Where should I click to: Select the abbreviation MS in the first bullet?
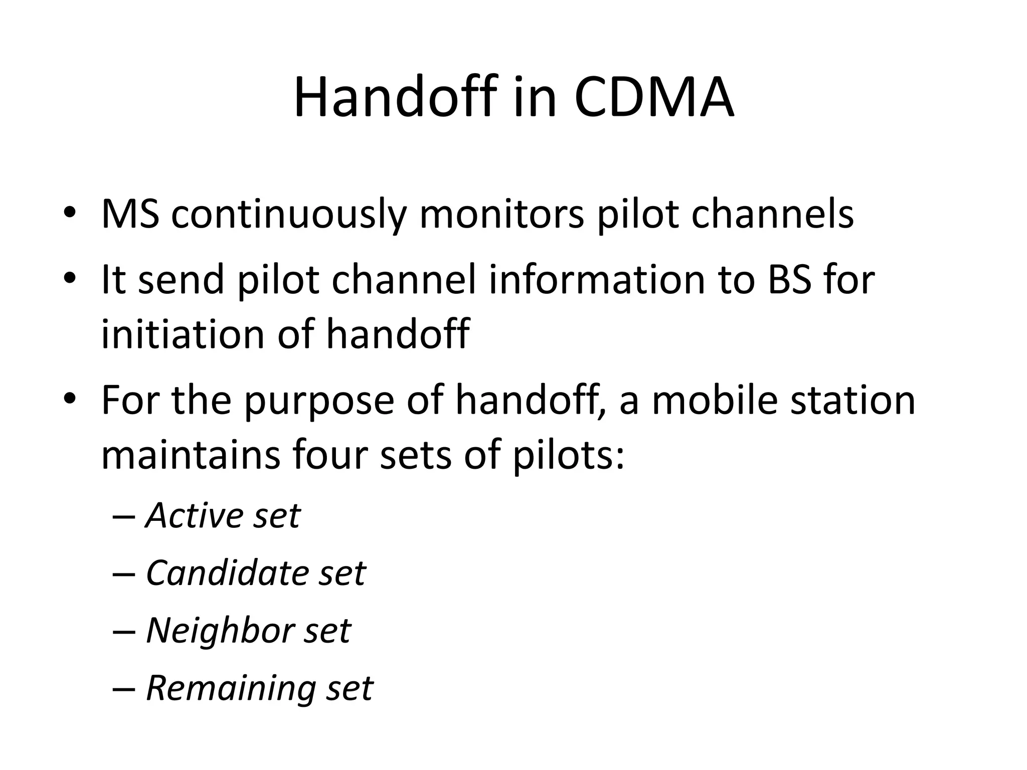(130, 215)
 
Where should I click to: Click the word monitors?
(501, 215)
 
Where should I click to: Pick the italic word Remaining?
(230, 688)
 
